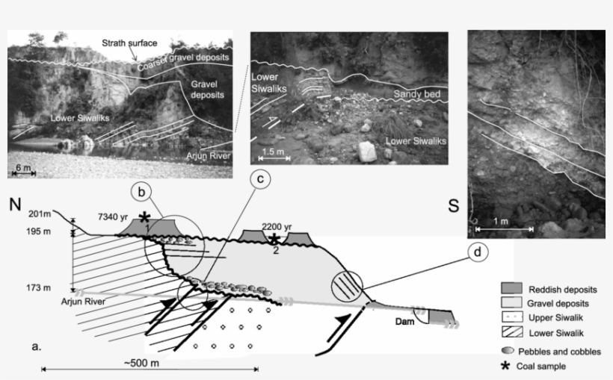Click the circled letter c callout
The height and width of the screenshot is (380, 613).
(x=259, y=179)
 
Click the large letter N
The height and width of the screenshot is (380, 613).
(x=15, y=205)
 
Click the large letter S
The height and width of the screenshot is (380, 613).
(x=453, y=206)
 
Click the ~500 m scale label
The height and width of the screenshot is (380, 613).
(x=150, y=361)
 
